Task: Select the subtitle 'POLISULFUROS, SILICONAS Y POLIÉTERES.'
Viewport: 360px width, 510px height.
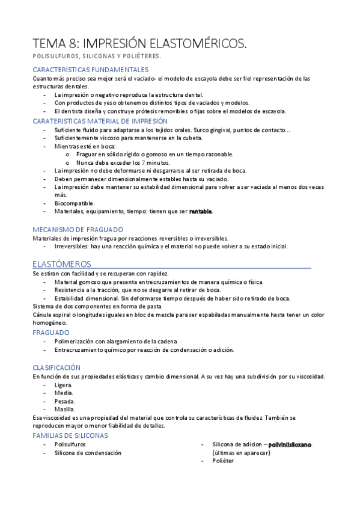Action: pyautogui.click(x=97, y=56)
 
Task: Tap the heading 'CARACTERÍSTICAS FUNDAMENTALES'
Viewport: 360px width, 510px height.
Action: pyautogui.click(x=90, y=70)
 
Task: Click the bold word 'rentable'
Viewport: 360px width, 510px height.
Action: pyautogui.click(x=201, y=212)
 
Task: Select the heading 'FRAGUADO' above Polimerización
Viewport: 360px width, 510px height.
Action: pyautogui.click(x=51, y=333)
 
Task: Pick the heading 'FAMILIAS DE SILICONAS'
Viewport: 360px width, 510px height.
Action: pyautogui.click(x=70, y=435)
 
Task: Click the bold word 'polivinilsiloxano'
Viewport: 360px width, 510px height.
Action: pyautogui.click(x=290, y=444)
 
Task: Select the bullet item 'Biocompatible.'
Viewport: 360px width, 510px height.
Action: pyautogui.click(x=75, y=203)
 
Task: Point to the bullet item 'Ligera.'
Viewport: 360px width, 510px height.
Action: pyautogui.click(x=63, y=385)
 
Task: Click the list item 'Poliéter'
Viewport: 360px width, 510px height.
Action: pyautogui.click(x=223, y=461)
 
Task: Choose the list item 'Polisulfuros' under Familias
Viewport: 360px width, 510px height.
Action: pyautogui.click(x=70, y=444)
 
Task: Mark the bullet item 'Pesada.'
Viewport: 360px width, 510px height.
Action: pyautogui.click(x=64, y=401)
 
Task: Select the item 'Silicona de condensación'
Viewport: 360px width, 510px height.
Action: pyautogui.click(x=88, y=453)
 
